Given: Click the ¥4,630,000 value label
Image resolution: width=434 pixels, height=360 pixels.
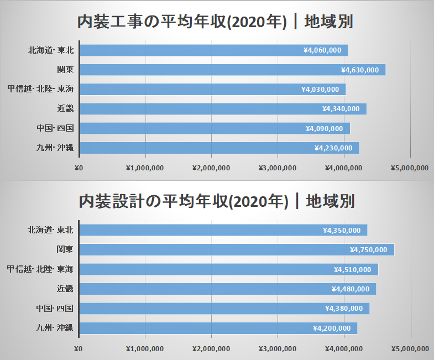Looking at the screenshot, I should click(360, 70).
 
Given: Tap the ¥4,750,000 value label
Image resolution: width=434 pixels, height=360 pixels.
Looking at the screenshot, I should click(369, 250).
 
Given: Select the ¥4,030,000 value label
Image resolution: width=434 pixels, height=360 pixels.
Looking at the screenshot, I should click(320, 90).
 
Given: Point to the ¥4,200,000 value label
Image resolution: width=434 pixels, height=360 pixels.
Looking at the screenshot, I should click(332, 328).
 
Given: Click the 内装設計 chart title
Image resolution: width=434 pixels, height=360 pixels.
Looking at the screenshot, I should click(216, 201).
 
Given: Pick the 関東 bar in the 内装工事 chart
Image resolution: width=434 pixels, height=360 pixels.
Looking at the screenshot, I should click(232, 70).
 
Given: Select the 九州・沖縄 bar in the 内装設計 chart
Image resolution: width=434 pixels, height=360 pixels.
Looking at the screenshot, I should click(218, 328).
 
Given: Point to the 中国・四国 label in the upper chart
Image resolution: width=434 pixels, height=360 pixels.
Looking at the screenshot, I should click(54, 128).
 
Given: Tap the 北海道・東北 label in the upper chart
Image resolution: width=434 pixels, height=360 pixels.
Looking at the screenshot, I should click(51, 50).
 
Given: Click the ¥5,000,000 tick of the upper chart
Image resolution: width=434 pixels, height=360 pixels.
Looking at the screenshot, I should click(410, 168).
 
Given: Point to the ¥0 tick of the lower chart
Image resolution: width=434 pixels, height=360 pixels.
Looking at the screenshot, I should click(78, 348).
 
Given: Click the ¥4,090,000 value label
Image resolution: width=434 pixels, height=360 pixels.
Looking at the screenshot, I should click(325, 129).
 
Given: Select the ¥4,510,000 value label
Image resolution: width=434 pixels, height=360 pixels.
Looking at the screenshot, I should click(353, 269).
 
